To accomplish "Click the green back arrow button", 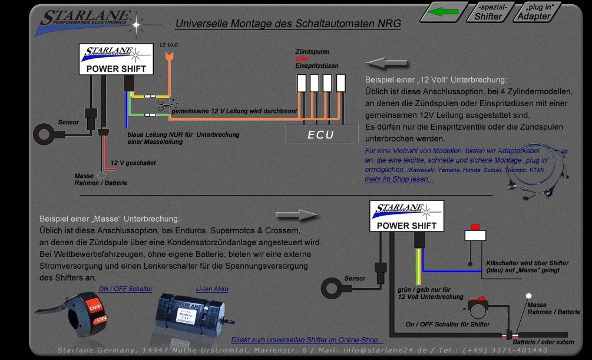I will [443, 11].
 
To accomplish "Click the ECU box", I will [321, 134].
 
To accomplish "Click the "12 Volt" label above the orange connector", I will [168, 45].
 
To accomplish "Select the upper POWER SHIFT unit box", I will [117, 60].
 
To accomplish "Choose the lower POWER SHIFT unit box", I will [406, 216].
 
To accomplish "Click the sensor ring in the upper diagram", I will [45, 133].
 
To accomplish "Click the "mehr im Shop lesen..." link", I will [399, 179].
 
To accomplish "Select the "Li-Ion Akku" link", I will [211, 289].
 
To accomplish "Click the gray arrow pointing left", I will [383, 62].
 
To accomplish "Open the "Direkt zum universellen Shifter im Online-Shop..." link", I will [307, 340].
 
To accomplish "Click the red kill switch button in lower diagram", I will [474, 227].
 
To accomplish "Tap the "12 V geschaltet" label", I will [134, 163].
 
